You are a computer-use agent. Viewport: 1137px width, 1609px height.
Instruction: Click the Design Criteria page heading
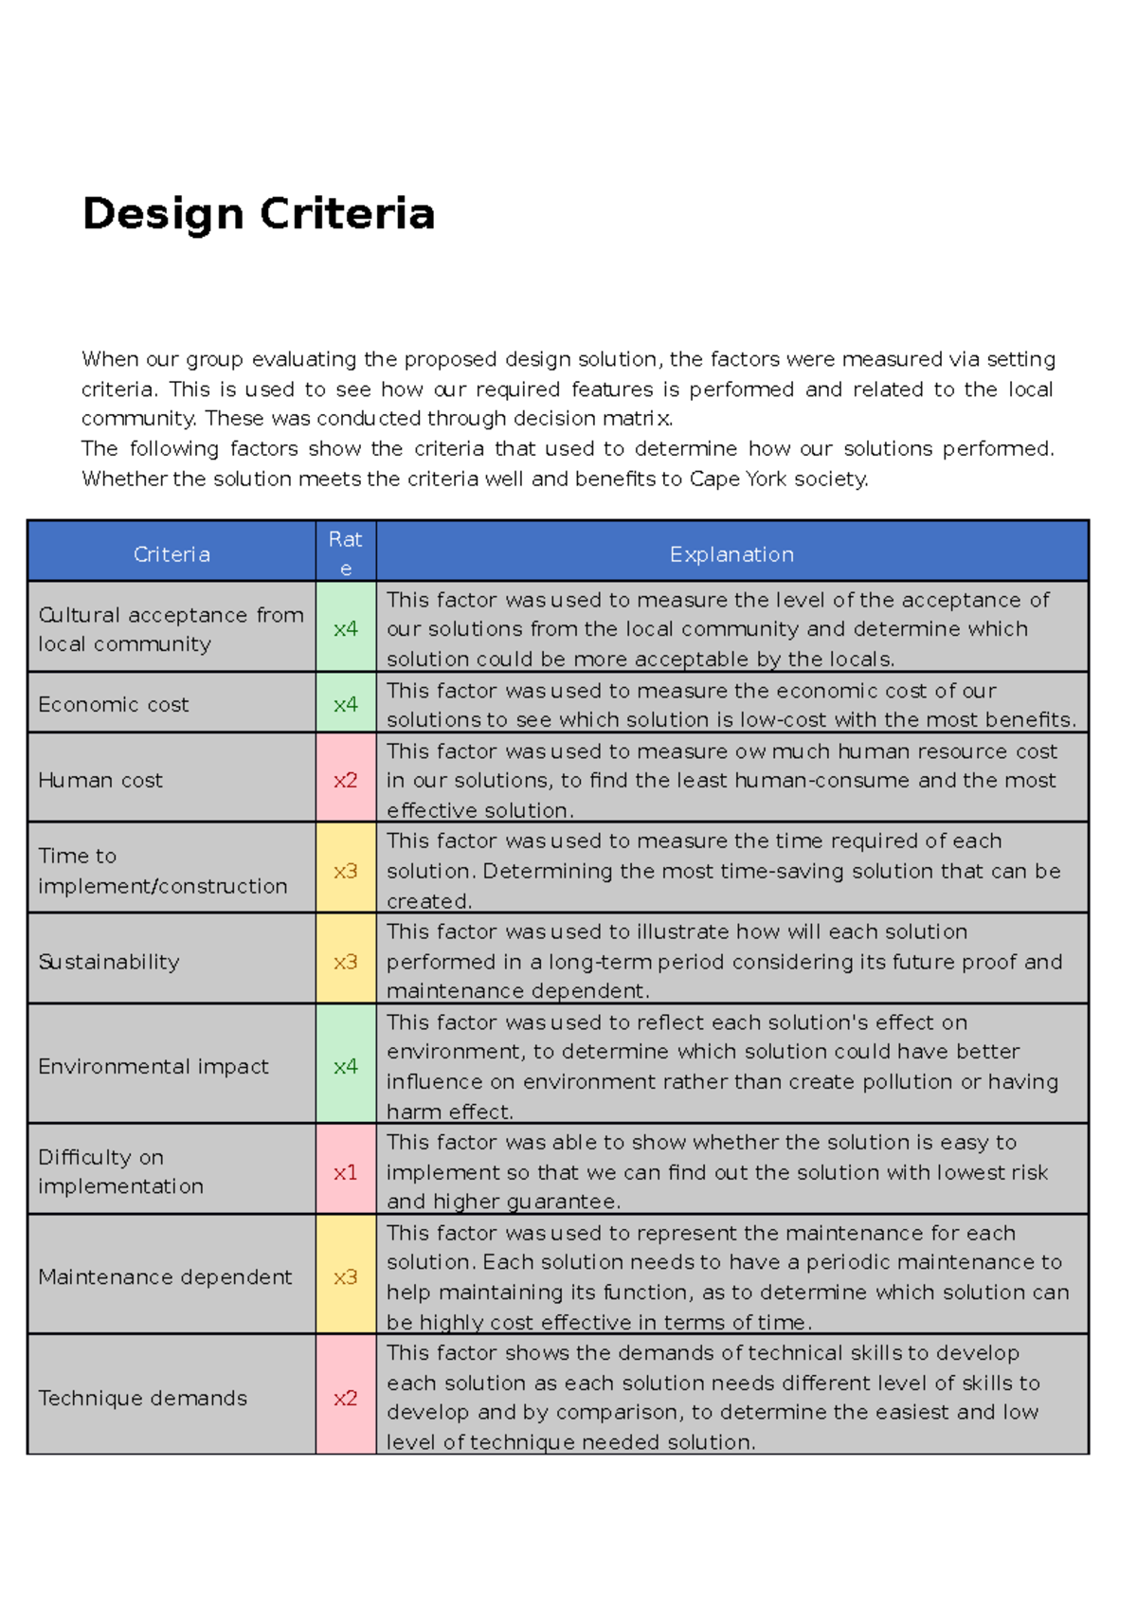tap(258, 214)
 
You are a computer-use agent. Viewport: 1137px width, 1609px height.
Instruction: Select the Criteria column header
tap(171, 554)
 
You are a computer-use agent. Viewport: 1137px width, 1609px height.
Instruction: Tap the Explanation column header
tap(731, 554)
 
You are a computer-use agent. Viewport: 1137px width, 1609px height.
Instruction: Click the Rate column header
tap(346, 553)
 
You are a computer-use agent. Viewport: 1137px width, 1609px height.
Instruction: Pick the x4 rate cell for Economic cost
tap(346, 704)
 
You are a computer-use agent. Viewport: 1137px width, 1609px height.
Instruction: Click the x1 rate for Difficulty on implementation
tap(346, 1172)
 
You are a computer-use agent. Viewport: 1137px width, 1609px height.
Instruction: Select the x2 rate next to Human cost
tap(346, 780)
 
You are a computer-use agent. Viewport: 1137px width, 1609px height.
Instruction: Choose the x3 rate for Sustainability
tap(346, 962)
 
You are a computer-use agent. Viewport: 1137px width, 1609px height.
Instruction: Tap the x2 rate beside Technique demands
tap(346, 1398)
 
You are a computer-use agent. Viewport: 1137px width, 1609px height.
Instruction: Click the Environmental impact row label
tap(153, 1066)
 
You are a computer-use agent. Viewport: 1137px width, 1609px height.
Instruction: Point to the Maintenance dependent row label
tap(165, 1277)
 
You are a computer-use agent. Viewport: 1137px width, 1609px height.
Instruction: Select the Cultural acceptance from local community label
tap(171, 629)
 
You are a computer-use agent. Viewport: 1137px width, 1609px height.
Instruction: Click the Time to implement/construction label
tap(162, 871)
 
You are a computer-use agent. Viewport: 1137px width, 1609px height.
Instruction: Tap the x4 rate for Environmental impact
tap(346, 1066)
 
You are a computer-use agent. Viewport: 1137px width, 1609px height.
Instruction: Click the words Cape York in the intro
tap(738, 479)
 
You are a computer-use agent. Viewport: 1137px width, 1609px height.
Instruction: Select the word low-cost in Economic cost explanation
tap(785, 719)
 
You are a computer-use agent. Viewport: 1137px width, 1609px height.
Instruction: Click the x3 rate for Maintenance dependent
tap(346, 1277)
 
